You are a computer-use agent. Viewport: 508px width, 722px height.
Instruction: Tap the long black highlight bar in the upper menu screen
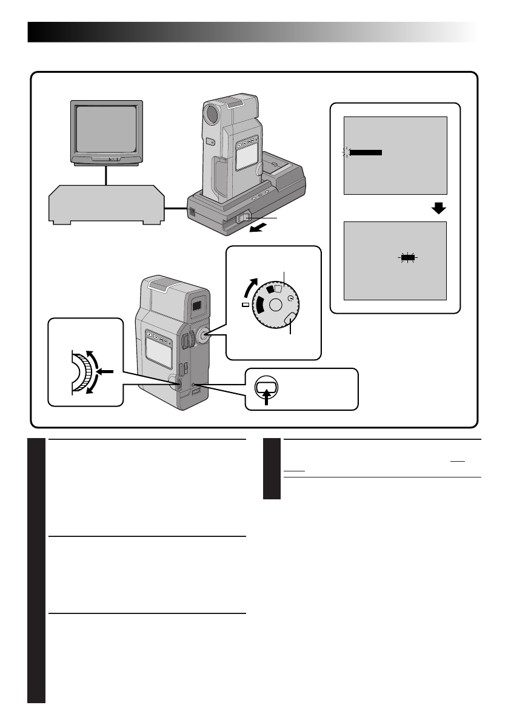click(x=366, y=153)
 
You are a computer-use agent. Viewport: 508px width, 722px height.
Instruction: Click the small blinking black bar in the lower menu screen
click(x=408, y=258)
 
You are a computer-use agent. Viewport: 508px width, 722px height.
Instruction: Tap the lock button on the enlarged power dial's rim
click(x=289, y=319)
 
